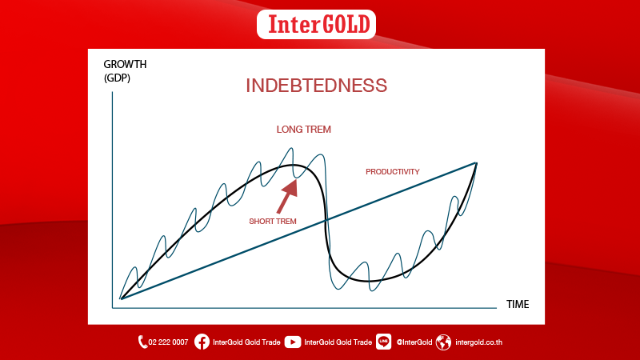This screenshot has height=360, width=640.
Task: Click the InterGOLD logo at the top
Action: coord(316,25)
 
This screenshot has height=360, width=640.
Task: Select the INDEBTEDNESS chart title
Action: coord(316,86)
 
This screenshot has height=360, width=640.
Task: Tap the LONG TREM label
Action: coord(304,130)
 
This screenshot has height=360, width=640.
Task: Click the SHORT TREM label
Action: coord(273,222)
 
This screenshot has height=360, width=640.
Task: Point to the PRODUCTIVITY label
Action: coord(392,172)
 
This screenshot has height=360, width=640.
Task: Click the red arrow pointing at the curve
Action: coord(287,197)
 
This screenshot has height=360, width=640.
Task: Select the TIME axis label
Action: coord(518,305)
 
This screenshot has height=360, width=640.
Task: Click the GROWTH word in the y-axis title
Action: coord(125,65)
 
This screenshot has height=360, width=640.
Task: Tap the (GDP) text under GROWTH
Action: coord(117,78)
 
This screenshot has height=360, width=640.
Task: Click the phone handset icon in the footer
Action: coord(142,342)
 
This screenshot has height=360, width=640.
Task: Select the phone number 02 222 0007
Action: coord(168,342)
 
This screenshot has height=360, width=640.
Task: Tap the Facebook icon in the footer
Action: coord(202,342)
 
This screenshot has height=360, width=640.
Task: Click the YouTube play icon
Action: coord(293,342)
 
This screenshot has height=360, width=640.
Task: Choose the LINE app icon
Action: coord(383,342)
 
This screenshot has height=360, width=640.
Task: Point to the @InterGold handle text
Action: coord(414,342)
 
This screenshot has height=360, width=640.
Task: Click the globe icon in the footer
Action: coord(443,342)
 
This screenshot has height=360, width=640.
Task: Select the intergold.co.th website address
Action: coord(478,342)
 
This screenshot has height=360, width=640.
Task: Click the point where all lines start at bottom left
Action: coord(121,298)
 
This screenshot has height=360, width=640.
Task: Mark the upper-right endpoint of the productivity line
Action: coord(476,163)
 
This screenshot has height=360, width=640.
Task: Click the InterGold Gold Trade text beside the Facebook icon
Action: coord(246,342)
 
